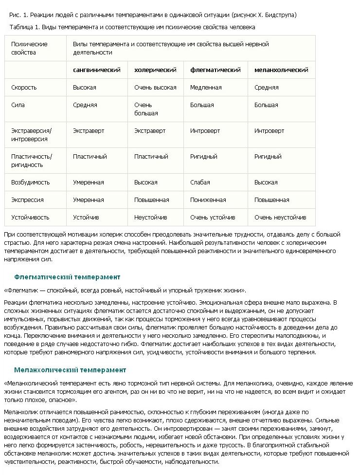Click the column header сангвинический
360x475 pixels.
[x=96, y=70]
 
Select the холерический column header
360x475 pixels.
[x=155, y=70]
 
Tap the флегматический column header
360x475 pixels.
[x=215, y=70]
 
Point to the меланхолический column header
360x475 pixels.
[x=281, y=70]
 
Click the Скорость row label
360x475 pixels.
[x=24, y=88]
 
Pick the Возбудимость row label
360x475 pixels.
[x=30, y=183]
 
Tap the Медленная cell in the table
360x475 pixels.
[x=206, y=88]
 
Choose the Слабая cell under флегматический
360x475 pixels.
[x=200, y=183]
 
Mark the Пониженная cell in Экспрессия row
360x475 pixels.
[x=208, y=200]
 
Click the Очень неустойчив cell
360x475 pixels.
[x=280, y=218]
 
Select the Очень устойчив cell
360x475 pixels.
[x=213, y=218]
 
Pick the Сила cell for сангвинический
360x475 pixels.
[x=85, y=105]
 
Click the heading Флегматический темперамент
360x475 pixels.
[x=67, y=277]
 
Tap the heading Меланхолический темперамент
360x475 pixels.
[x=70, y=370]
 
